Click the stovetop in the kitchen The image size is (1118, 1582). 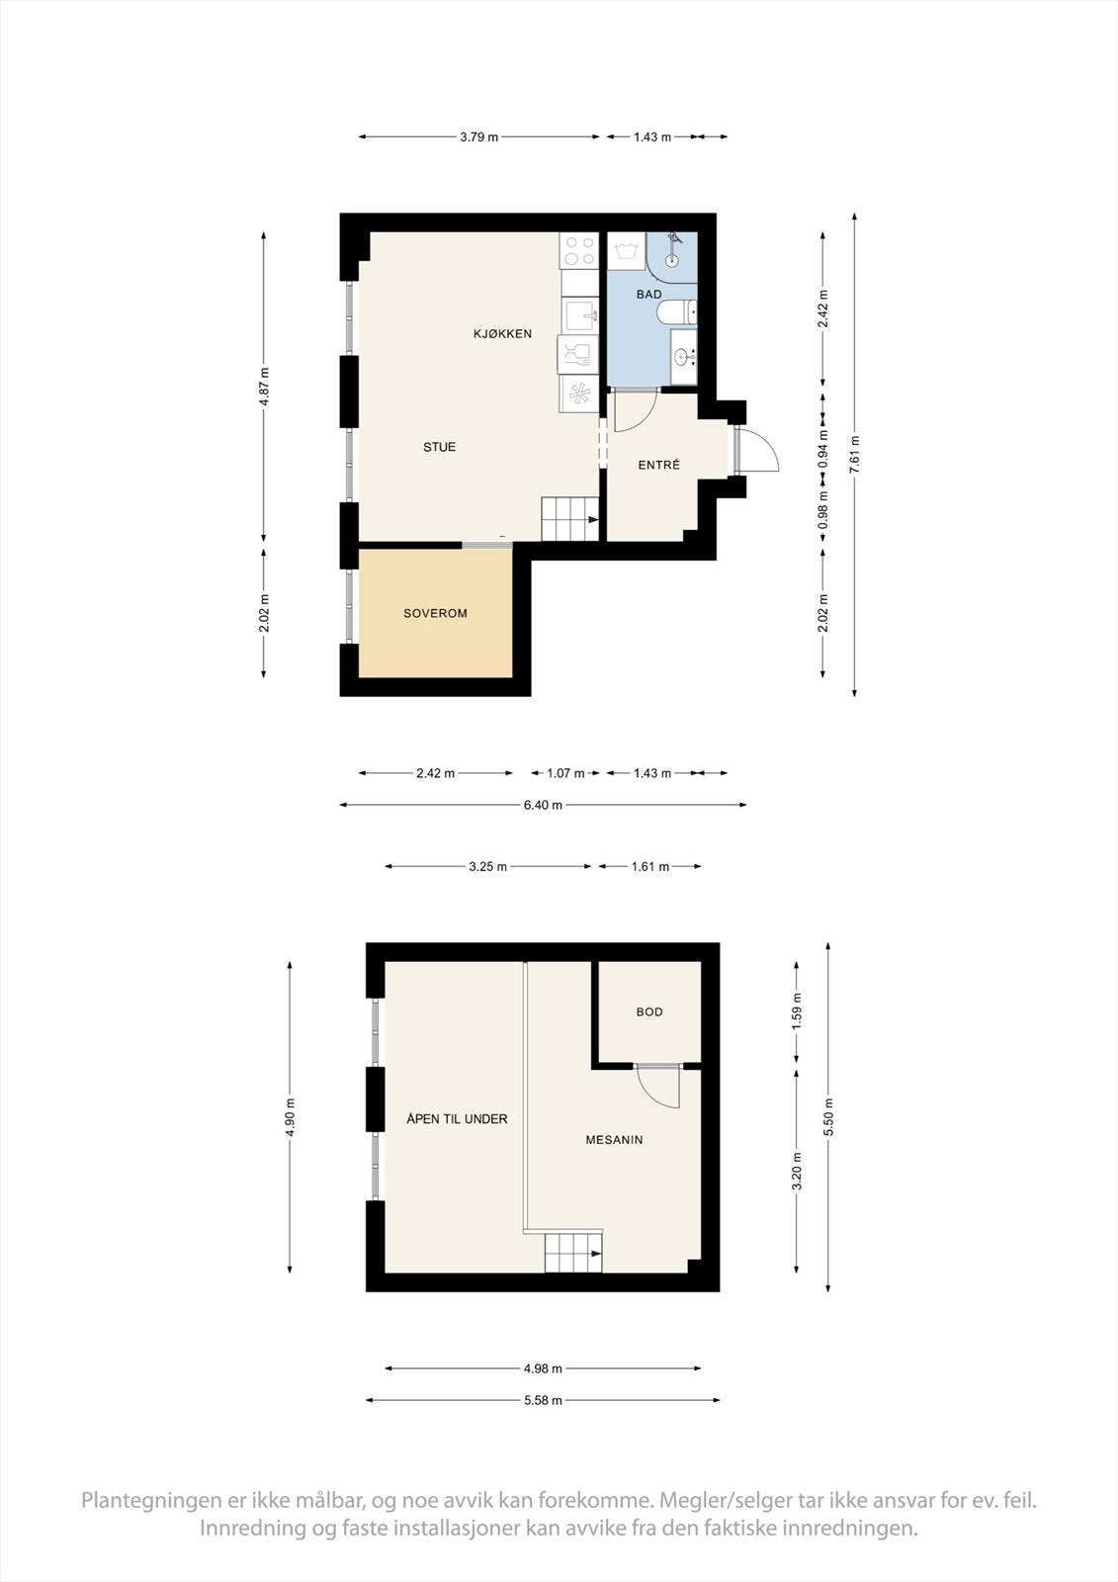coord(579,250)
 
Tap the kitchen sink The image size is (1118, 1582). coord(580,313)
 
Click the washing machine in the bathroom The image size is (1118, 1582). coord(627,251)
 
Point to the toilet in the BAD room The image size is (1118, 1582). coord(676,311)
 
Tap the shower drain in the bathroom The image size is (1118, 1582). coord(671,260)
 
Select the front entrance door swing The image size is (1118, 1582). coord(756,448)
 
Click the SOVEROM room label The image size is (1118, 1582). coord(435,614)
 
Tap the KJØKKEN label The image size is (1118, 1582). coord(502,334)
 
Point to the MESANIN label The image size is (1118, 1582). coord(614,1139)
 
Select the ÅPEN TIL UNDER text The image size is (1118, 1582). coord(457,1118)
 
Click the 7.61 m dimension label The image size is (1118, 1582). coord(855,455)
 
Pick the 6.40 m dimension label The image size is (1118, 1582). coord(543,805)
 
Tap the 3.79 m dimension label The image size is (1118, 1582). coord(478,137)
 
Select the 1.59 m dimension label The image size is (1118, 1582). coord(797,1011)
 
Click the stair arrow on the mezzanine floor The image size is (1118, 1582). coord(596,1254)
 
